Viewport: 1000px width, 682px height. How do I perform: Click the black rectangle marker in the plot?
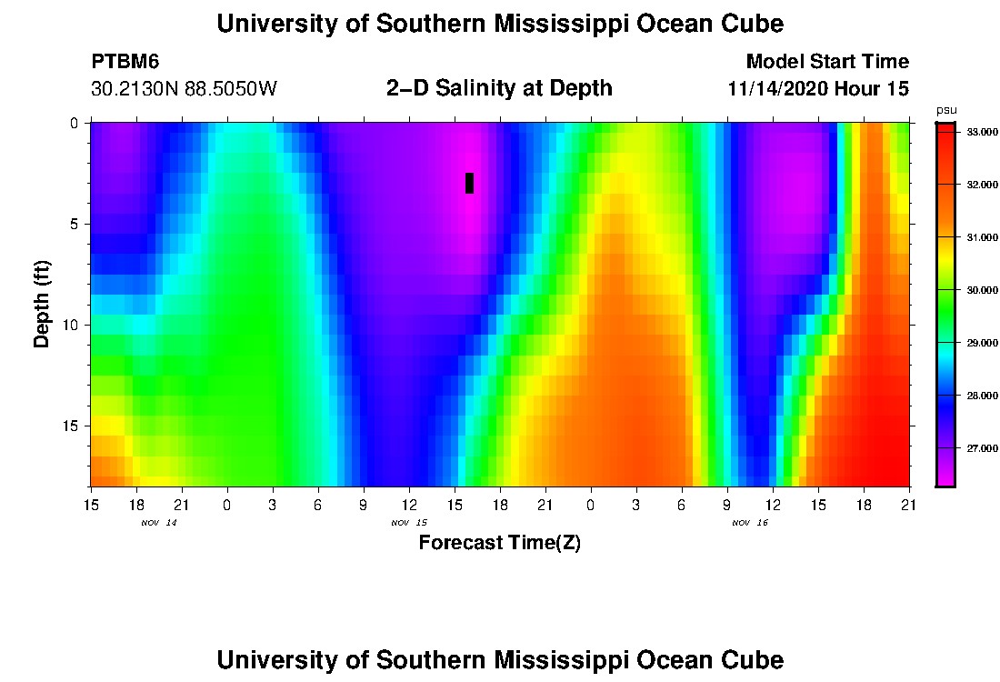click(x=469, y=183)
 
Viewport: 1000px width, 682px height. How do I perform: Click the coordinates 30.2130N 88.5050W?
click(x=184, y=89)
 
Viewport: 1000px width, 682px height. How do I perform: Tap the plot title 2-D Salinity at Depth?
click(x=499, y=88)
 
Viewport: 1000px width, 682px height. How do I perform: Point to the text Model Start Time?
click(x=826, y=62)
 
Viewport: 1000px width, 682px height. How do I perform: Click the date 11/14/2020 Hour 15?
click(x=818, y=89)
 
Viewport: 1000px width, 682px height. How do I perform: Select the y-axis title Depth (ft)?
click(x=42, y=305)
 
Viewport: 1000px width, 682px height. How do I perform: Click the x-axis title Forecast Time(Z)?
click(x=499, y=544)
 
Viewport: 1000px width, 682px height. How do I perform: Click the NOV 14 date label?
click(x=159, y=523)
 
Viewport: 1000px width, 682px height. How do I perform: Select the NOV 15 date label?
click(x=409, y=523)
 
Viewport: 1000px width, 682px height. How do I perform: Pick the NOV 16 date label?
click(x=750, y=523)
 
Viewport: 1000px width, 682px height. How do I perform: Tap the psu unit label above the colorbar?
click(x=946, y=110)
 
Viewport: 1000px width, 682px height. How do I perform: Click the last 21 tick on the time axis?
click(x=909, y=504)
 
